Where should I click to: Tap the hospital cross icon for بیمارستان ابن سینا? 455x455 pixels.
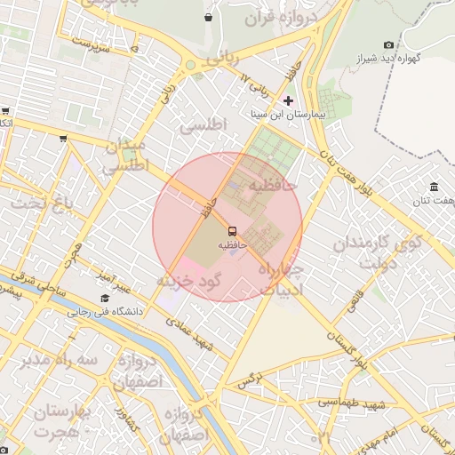[288, 100]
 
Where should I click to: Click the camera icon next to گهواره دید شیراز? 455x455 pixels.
[388, 44]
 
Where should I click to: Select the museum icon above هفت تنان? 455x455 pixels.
[434, 187]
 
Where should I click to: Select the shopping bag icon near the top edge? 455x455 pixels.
[208, 17]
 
